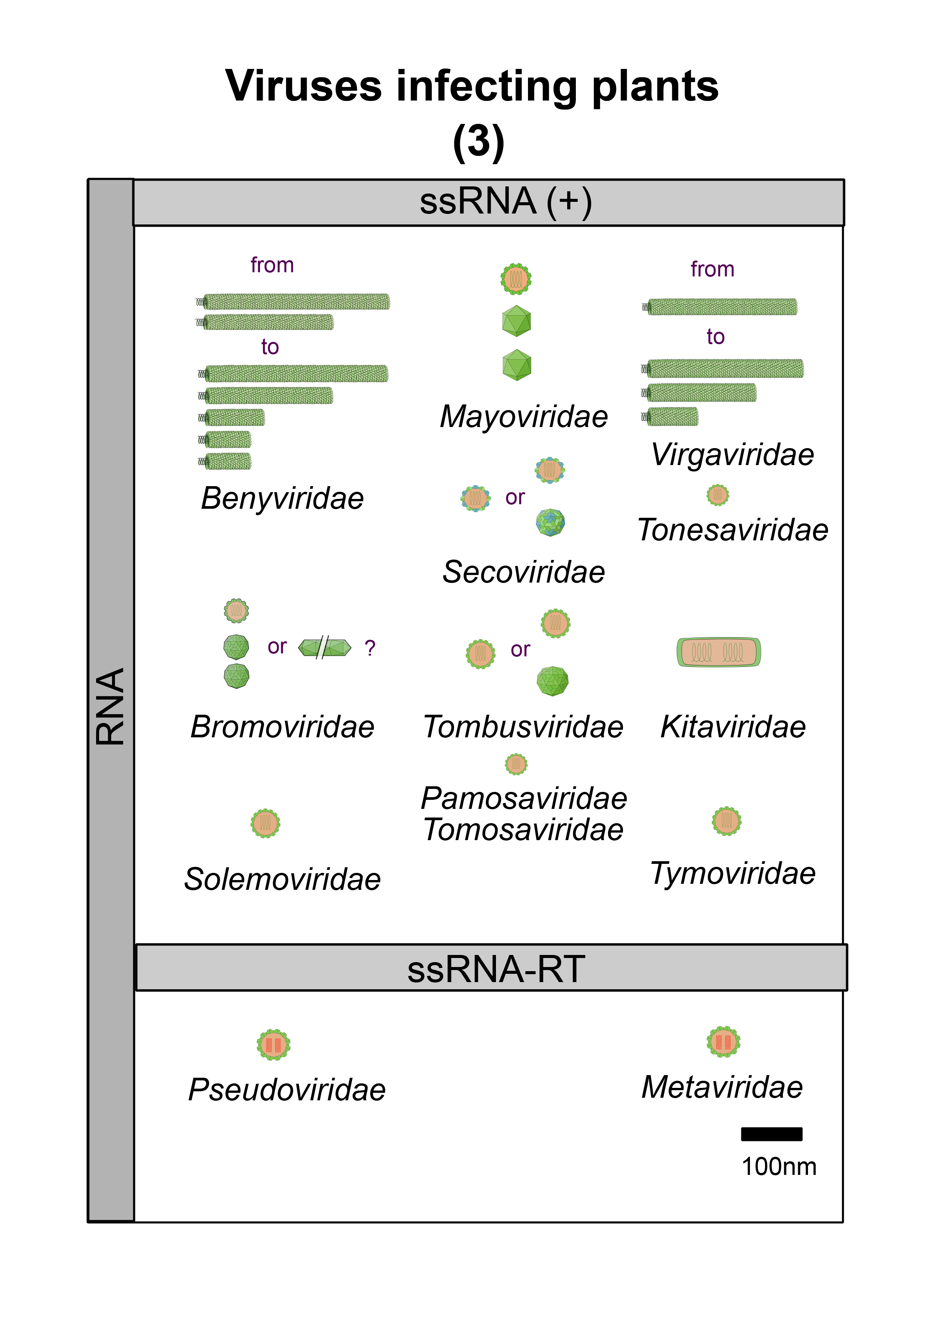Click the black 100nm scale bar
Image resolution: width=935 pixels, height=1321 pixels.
pos(771,1133)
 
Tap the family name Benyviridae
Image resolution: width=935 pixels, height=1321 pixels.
pos(282,498)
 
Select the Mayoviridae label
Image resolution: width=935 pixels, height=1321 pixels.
pos(523,416)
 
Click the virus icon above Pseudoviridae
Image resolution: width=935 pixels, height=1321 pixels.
pos(274,1044)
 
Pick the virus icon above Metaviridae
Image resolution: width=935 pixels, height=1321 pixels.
pos(723,1041)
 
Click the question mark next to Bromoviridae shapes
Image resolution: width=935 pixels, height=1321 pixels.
pos(370,648)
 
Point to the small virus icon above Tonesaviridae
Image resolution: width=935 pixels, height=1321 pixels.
pos(718,495)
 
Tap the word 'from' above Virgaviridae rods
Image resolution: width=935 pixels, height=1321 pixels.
pos(712,269)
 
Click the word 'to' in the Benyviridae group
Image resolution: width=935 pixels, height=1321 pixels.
pos(269,347)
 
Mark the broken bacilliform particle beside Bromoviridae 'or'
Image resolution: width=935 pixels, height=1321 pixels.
pos(324,648)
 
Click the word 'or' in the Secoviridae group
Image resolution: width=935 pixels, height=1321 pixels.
pos(515,497)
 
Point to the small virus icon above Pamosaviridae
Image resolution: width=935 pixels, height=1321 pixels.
pos(516,764)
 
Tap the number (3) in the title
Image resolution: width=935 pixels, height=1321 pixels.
pos(479,142)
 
